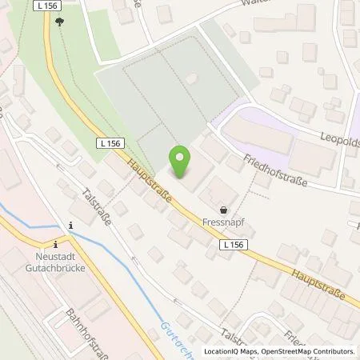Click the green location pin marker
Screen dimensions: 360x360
(182, 162)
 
